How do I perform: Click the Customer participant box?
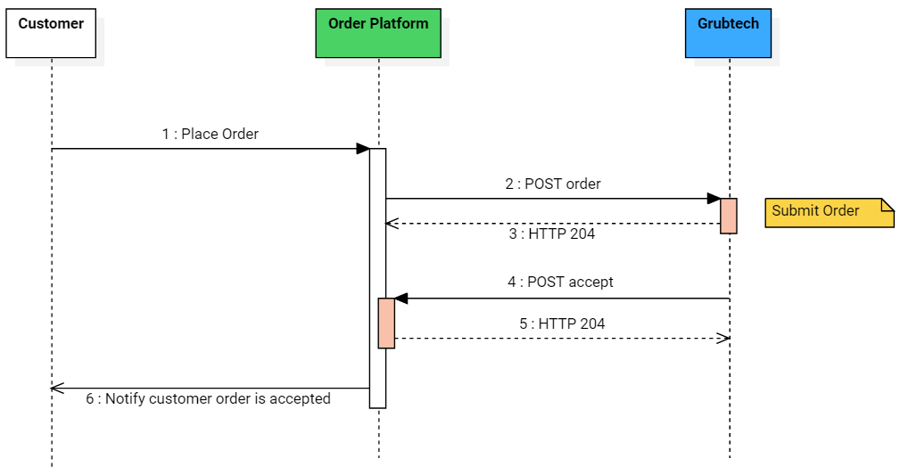pyautogui.click(x=51, y=33)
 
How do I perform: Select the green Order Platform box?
pyautogui.click(x=378, y=33)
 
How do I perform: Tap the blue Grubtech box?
pyautogui.click(x=728, y=33)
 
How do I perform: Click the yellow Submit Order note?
pyautogui.click(x=828, y=212)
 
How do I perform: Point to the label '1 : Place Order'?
pyautogui.click(x=211, y=135)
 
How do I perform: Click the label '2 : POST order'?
pyautogui.click(x=553, y=184)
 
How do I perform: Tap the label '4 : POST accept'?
pyautogui.click(x=560, y=283)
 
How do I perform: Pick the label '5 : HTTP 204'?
pyautogui.click(x=562, y=324)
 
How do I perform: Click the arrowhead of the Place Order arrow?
pyautogui.click(x=363, y=149)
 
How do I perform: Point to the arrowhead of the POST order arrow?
pyautogui.click(x=714, y=199)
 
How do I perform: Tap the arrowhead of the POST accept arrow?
pyautogui.click(x=401, y=299)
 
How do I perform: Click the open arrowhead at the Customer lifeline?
pyautogui.click(x=57, y=388)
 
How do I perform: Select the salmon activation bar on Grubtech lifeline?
pyautogui.click(x=729, y=216)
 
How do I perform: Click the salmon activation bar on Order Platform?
pyautogui.click(x=386, y=323)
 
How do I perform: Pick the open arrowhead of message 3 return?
pyautogui.click(x=391, y=224)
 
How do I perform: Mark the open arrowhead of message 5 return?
pyautogui.click(x=724, y=338)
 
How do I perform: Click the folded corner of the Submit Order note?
pyautogui.click(x=888, y=205)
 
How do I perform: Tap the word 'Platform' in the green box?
pyautogui.click(x=400, y=24)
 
